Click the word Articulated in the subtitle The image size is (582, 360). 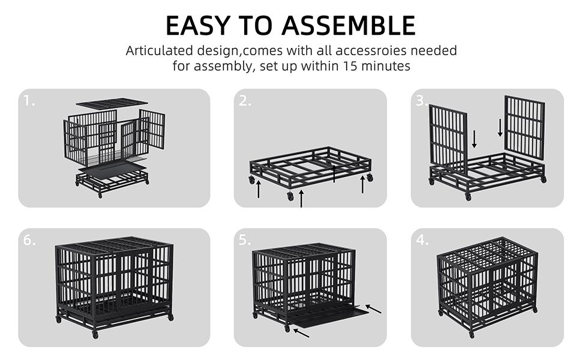(x=158, y=51)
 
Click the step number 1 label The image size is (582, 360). (x=29, y=101)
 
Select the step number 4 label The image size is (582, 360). (x=422, y=240)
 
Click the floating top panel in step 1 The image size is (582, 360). (x=112, y=103)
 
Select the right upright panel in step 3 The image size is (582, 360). (x=524, y=127)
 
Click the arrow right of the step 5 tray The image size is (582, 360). (x=373, y=308)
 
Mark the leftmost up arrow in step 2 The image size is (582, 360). (x=259, y=190)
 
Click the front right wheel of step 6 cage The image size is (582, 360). (x=170, y=317)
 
